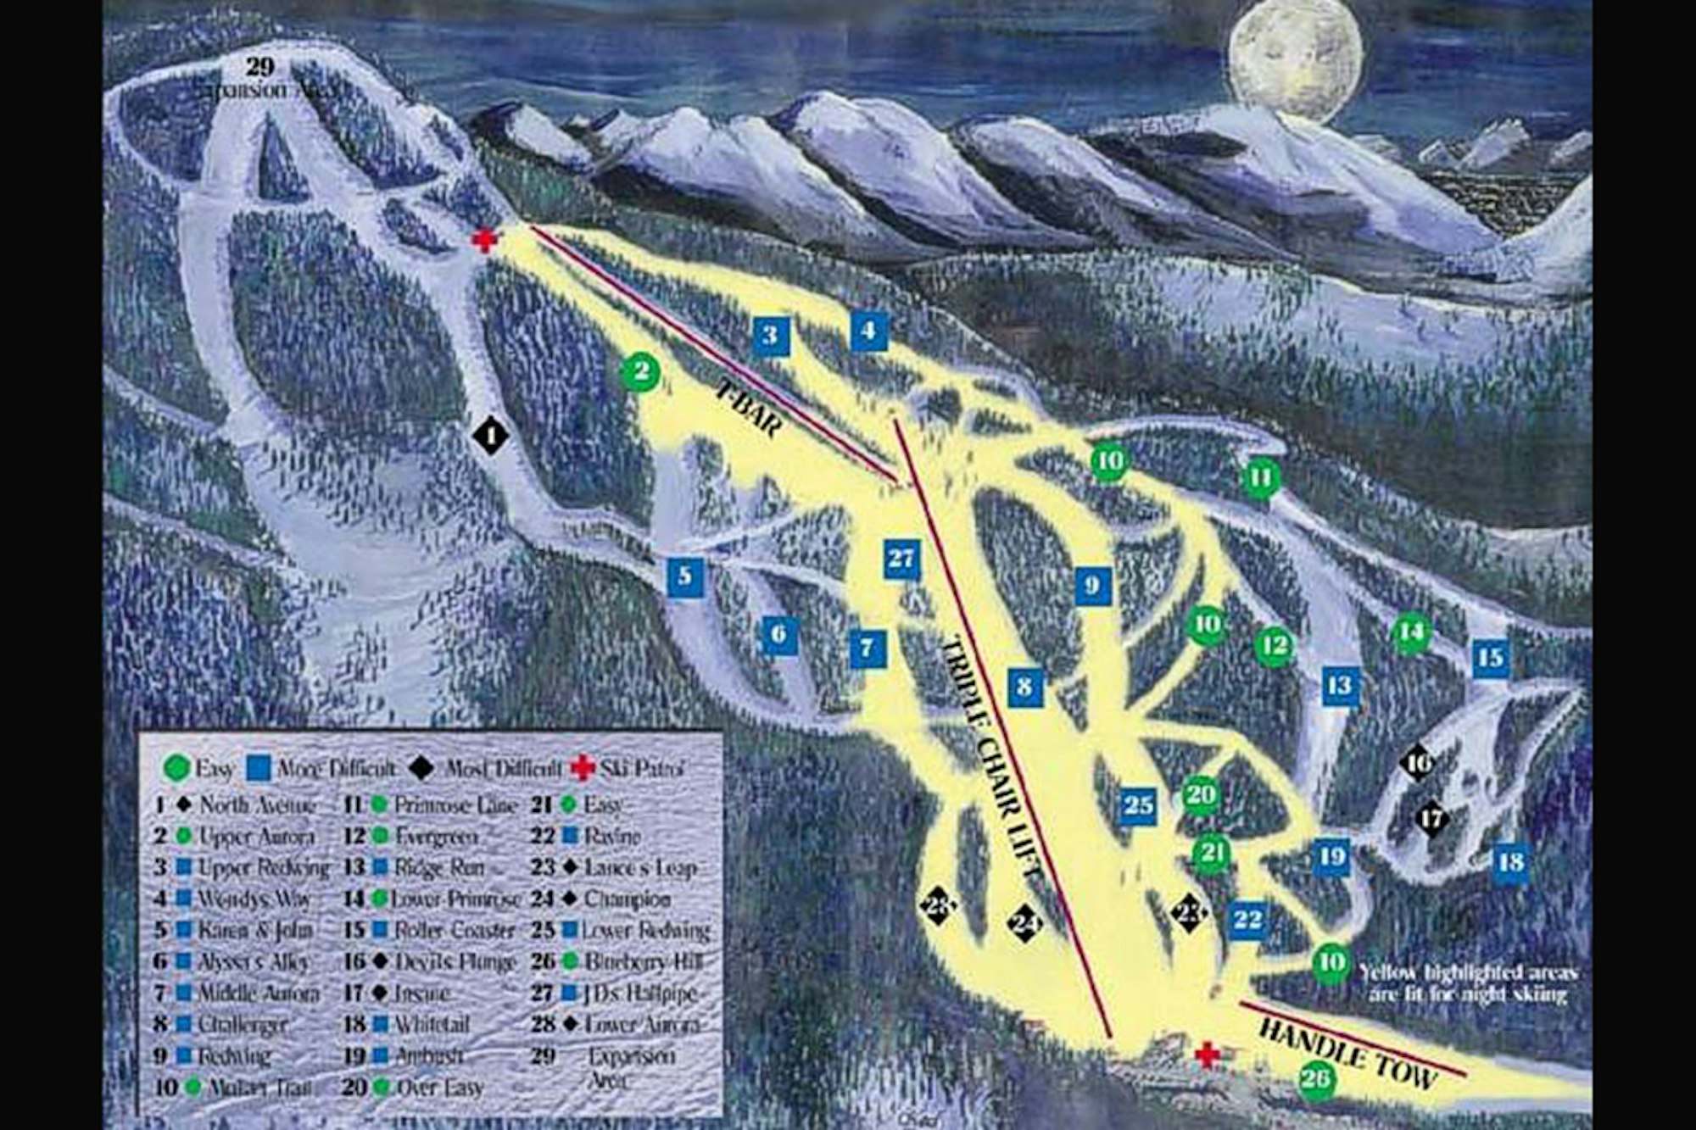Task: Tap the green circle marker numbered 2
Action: coord(641,371)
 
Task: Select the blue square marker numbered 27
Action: coord(901,559)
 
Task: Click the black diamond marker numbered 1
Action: coord(490,436)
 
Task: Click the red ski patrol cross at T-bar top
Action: coord(484,241)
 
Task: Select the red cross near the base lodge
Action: coord(1207,1055)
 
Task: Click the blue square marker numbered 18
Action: coord(1511,863)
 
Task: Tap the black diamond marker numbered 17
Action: coord(1432,819)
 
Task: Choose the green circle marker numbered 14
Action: coord(1411,632)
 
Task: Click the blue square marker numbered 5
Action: coord(684,577)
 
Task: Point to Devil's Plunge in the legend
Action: coord(454,962)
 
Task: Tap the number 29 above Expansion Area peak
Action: coord(260,67)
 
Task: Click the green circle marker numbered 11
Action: coord(1260,478)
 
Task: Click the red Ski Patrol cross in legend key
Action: coord(583,768)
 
